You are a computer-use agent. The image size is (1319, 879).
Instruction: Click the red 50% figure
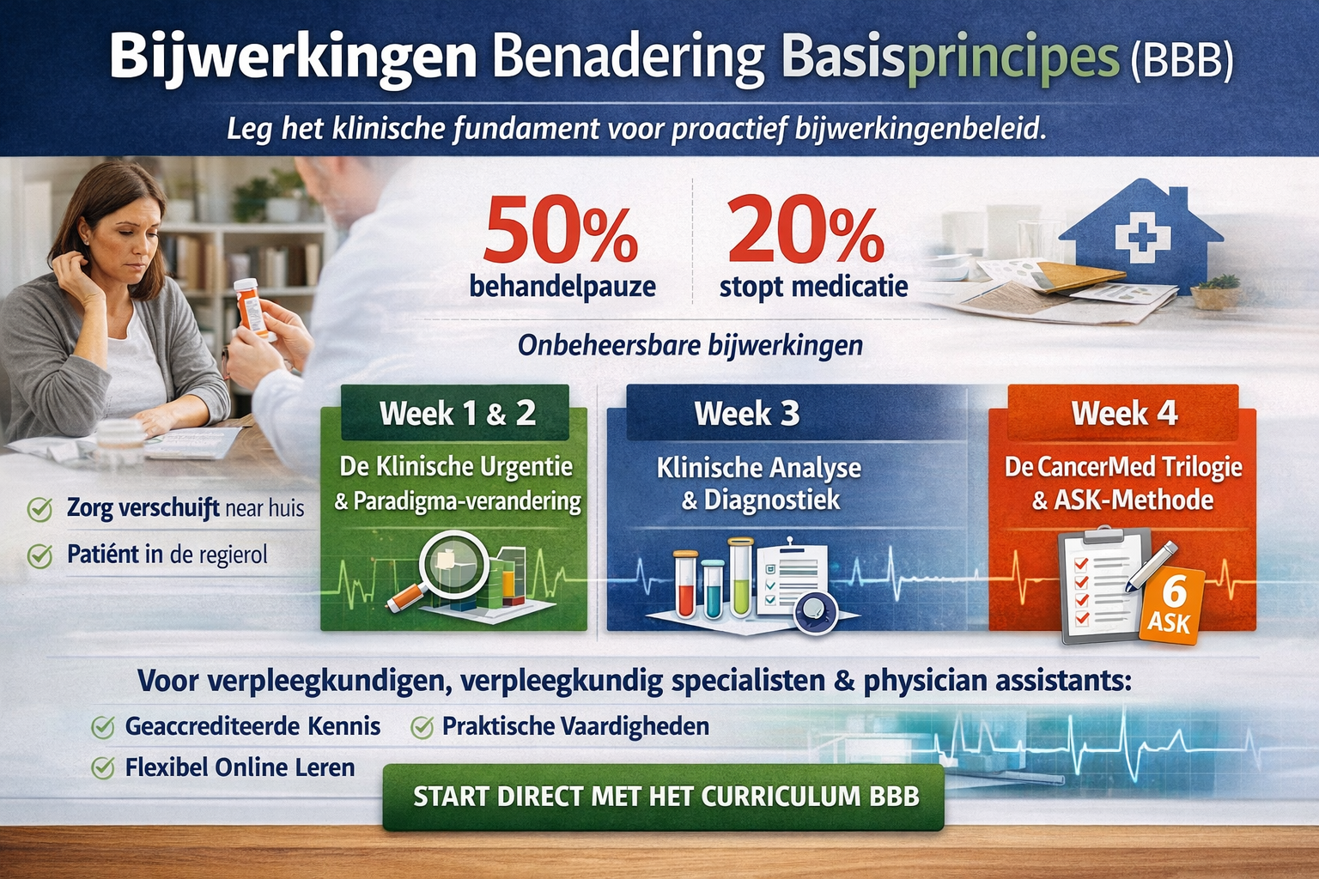coord(560,232)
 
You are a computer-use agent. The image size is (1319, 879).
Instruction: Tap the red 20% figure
coord(806,232)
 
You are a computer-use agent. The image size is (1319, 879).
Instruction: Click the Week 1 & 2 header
coord(458,413)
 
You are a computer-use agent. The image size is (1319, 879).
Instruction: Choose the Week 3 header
coord(746,413)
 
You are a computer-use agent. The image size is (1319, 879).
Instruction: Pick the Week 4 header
coord(1124,413)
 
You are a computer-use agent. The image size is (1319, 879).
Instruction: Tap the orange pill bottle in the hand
coord(252,308)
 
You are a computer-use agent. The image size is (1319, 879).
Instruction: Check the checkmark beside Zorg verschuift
coord(40,509)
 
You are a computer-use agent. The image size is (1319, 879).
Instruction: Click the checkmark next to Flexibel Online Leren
coord(103,767)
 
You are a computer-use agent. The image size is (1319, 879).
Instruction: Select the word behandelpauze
coord(562,287)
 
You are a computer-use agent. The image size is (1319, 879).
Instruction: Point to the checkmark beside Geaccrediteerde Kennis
coord(103,728)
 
